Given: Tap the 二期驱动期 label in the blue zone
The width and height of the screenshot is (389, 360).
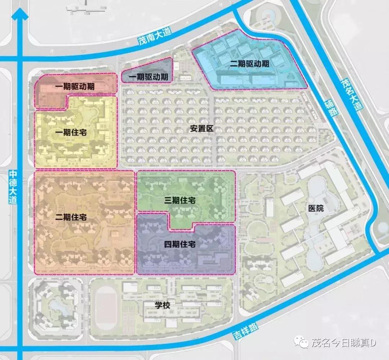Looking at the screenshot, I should tap(250, 64).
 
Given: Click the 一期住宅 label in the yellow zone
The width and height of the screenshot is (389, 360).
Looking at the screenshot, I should tap(71, 133).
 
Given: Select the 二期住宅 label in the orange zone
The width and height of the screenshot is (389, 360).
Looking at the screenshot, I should tap(71, 217).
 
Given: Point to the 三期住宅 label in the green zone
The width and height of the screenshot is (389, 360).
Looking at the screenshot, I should tap(180, 201).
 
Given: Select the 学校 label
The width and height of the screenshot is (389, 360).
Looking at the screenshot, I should tap(162, 306).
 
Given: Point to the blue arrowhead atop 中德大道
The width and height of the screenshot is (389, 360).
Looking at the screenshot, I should tap(20, 14).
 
